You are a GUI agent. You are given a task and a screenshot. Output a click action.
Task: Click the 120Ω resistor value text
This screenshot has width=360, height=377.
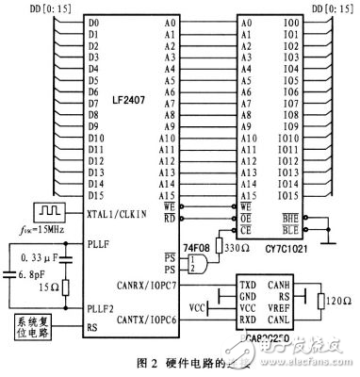click(x=338, y=303)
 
